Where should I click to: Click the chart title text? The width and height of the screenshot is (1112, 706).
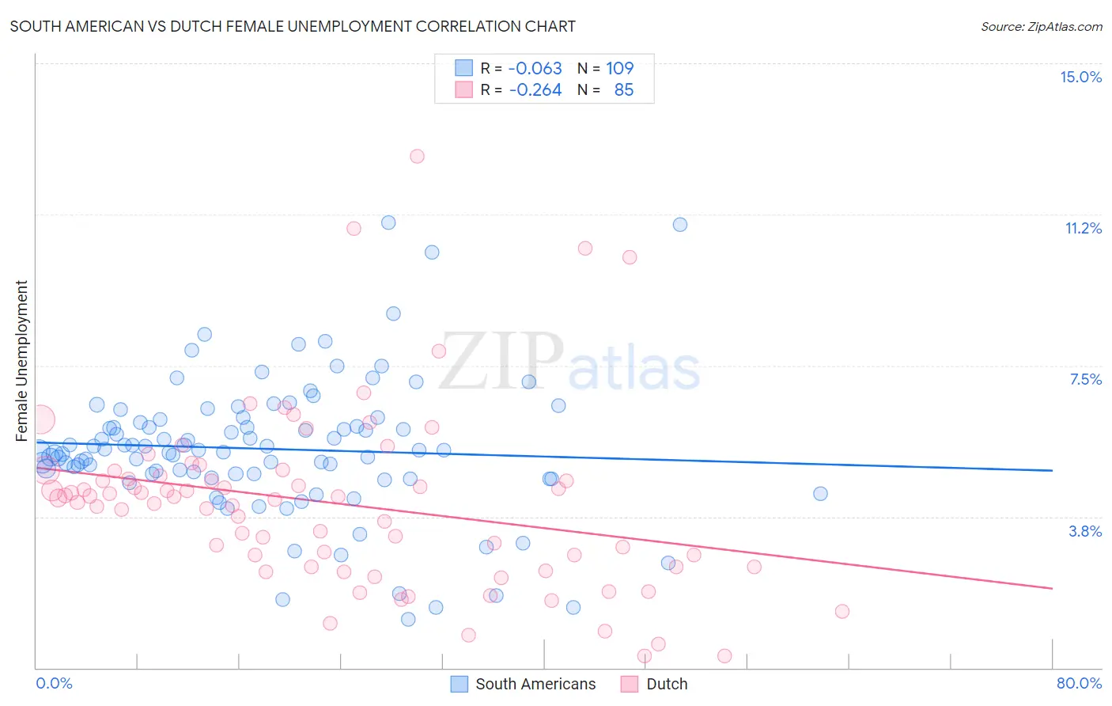pos(293,26)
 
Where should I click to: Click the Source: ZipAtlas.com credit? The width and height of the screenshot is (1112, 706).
pos(1041,26)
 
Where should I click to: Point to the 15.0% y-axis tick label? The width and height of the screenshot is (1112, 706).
pos(1080,77)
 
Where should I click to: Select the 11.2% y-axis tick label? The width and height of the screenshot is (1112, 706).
pos(1083,228)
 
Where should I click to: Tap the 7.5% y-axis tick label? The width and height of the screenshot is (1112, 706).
pos(1085,379)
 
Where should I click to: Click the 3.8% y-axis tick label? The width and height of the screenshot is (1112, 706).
pos(1085,531)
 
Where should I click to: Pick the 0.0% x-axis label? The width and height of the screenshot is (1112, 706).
pos(54,683)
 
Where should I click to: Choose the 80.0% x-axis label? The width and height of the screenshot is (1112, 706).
pos(1079,683)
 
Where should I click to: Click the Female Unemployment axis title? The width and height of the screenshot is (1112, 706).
pos(21,360)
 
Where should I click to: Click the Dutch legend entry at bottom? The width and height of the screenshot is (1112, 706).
pos(666,684)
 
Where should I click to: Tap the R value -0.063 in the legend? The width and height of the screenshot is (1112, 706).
pos(535,68)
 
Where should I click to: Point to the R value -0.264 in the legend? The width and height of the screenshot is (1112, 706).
pos(535,89)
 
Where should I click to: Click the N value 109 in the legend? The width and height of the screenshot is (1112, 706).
pos(619,68)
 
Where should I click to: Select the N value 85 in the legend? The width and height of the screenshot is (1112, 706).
pos(623,89)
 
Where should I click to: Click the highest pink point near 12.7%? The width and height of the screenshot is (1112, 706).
pos(417,156)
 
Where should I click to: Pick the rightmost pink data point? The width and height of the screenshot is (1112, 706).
pos(842,611)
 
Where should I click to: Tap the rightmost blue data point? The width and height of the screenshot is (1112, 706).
pos(820,493)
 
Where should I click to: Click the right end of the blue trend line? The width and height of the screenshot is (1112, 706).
pos(1051,470)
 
